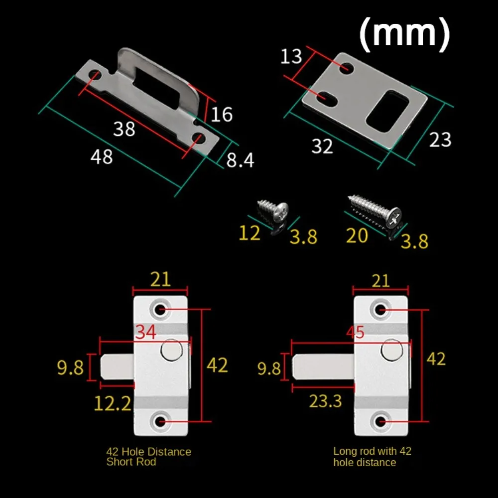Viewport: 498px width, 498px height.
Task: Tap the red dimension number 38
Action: coord(124,129)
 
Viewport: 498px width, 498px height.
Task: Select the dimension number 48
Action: coord(102,157)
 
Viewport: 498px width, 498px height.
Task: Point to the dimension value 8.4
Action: coord(241,160)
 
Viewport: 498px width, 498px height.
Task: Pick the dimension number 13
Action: coord(291,57)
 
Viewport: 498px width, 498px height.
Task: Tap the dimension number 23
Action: coord(440,140)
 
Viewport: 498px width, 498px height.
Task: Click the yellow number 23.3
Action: coord(325,401)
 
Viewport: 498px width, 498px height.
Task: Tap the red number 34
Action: coord(146,332)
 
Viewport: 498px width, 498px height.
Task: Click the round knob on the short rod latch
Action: coord(171,350)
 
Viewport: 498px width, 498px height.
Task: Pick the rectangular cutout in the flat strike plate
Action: coord(388,111)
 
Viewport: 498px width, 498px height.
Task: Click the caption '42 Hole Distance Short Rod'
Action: coord(148,457)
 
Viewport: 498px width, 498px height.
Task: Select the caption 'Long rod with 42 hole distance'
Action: coord(372,457)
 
